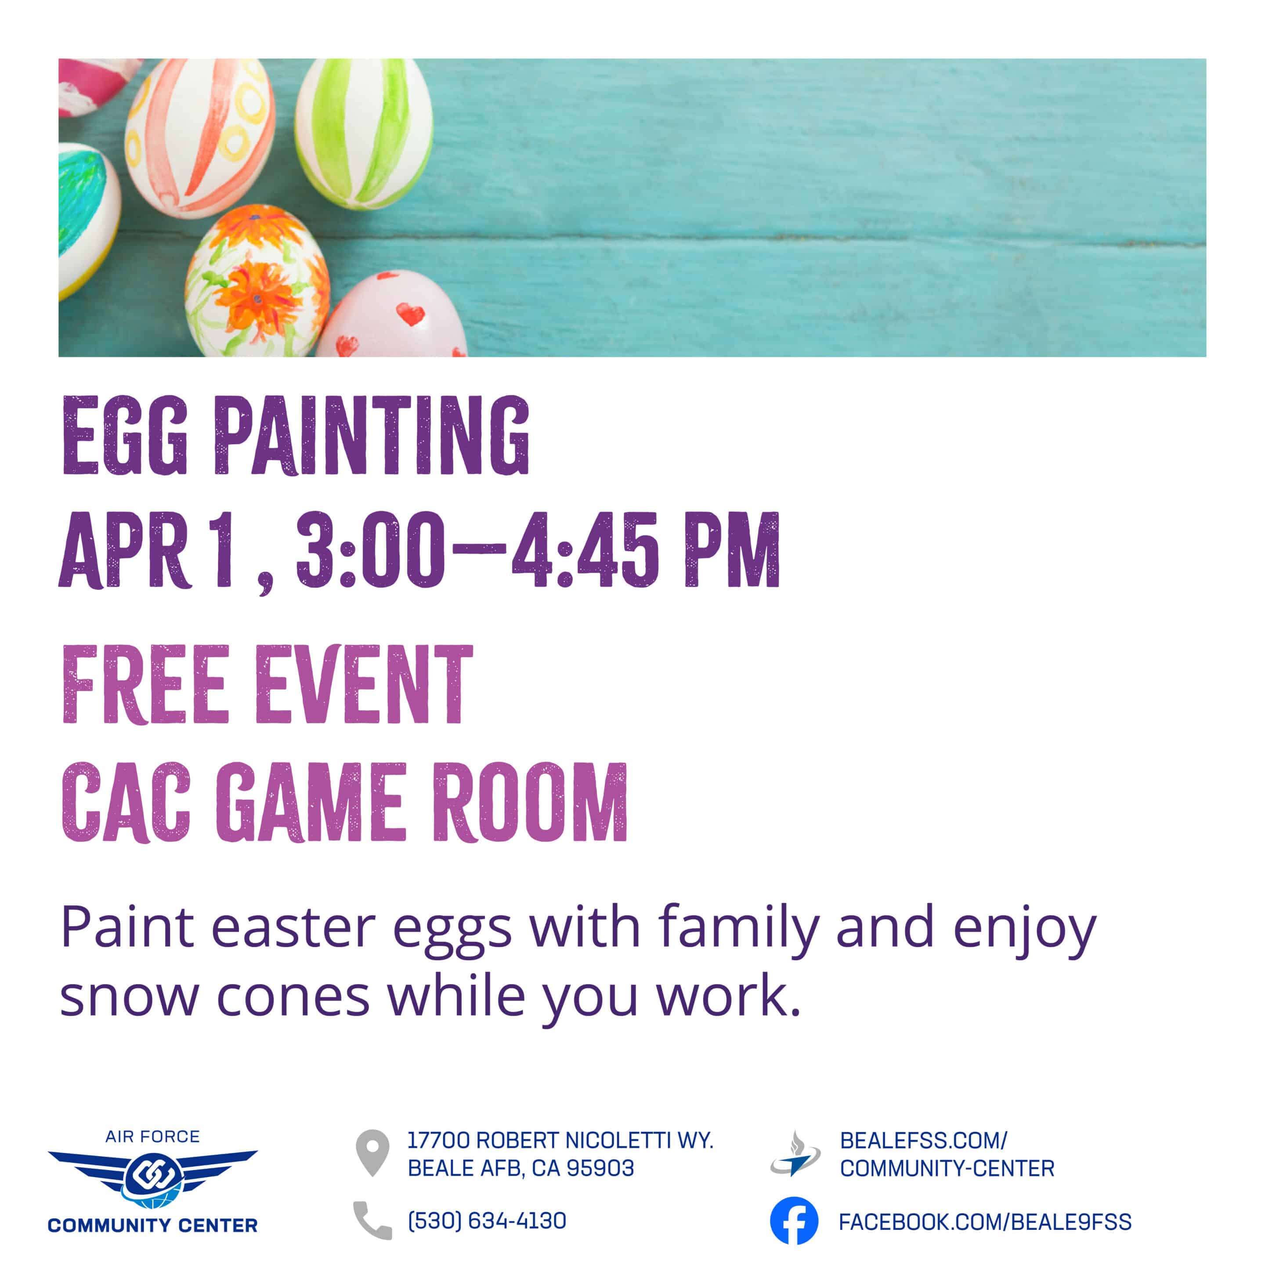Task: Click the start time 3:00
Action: (371, 549)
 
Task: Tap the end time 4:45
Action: (586, 549)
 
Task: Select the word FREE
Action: (145, 684)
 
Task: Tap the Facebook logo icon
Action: (794, 1221)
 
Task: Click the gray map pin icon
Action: (372, 1153)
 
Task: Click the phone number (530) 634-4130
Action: (487, 1221)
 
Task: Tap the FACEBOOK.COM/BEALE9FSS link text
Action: (985, 1222)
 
